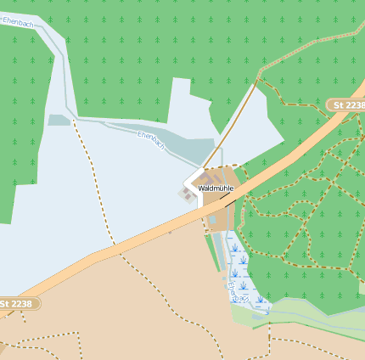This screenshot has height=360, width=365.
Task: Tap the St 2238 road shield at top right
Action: [x=347, y=104]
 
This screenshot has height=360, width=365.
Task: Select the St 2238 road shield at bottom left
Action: [x=18, y=303]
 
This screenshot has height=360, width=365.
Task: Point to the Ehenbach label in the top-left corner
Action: [x=19, y=23]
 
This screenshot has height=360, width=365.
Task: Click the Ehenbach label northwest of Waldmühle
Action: [x=150, y=140]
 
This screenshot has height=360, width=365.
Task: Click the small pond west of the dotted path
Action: [x=59, y=120]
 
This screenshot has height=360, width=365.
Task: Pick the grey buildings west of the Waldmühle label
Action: [x=186, y=194]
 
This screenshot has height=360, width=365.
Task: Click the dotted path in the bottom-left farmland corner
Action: [x=42, y=344]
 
